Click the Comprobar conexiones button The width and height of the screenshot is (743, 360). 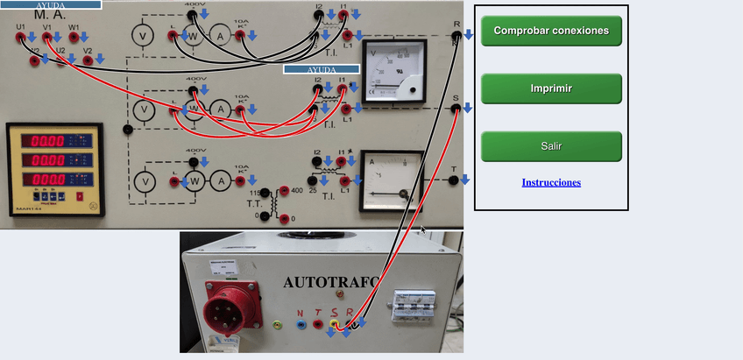pos(551,31)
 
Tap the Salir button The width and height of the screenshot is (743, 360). pos(551,146)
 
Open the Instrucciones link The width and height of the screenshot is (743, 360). pos(551,182)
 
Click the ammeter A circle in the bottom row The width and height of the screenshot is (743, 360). pos(223,180)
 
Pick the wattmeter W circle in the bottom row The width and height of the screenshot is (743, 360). pos(195,180)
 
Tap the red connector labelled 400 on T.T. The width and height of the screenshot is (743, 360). pos(283,191)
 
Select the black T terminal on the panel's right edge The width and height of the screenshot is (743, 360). pos(453,180)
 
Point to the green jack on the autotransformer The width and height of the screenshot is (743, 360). pos(278,325)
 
